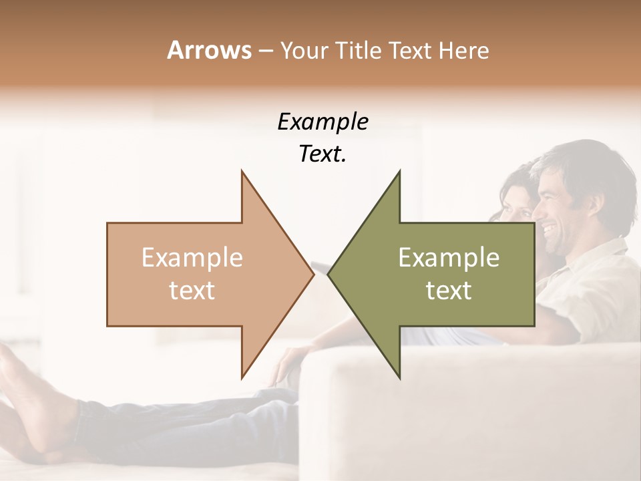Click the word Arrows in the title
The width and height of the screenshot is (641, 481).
(209, 50)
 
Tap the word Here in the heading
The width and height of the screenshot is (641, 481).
(463, 50)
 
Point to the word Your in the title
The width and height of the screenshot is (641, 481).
(304, 51)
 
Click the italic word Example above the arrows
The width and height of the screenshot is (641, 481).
(323, 122)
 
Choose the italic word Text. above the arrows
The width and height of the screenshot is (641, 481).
(323, 154)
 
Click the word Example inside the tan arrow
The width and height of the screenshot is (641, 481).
(192, 257)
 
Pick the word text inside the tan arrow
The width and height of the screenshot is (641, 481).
(192, 291)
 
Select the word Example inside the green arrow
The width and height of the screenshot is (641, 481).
(449, 257)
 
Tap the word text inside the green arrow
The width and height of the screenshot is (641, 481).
(449, 291)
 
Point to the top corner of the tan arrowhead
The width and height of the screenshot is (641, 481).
(242, 172)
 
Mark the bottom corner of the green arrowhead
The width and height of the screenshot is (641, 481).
(399, 377)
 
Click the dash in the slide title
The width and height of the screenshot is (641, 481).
(265, 51)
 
